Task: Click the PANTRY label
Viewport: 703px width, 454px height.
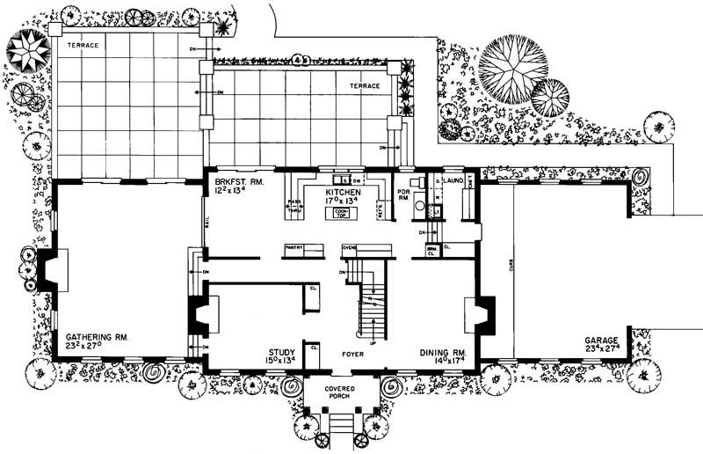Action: (x=294, y=248)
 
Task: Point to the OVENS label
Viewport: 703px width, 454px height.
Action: (x=349, y=248)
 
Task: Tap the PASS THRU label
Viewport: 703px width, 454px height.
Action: (x=294, y=205)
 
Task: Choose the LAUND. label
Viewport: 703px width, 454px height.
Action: (x=453, y=180)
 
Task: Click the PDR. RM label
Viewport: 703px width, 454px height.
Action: (x=404, y=194)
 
